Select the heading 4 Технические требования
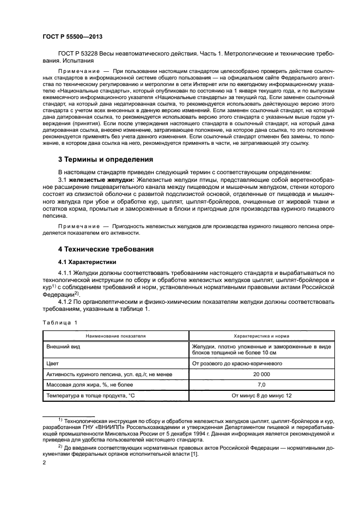[x=106, y=249]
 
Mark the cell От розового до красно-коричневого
[x=237, y=364]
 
